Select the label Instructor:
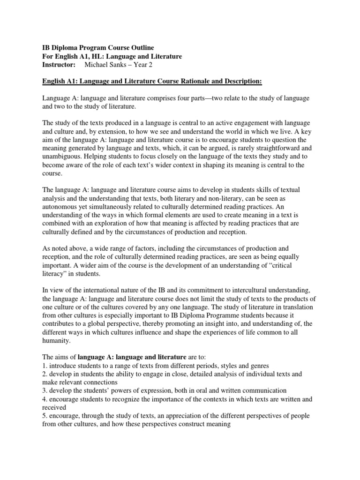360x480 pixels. coord(55,65)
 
